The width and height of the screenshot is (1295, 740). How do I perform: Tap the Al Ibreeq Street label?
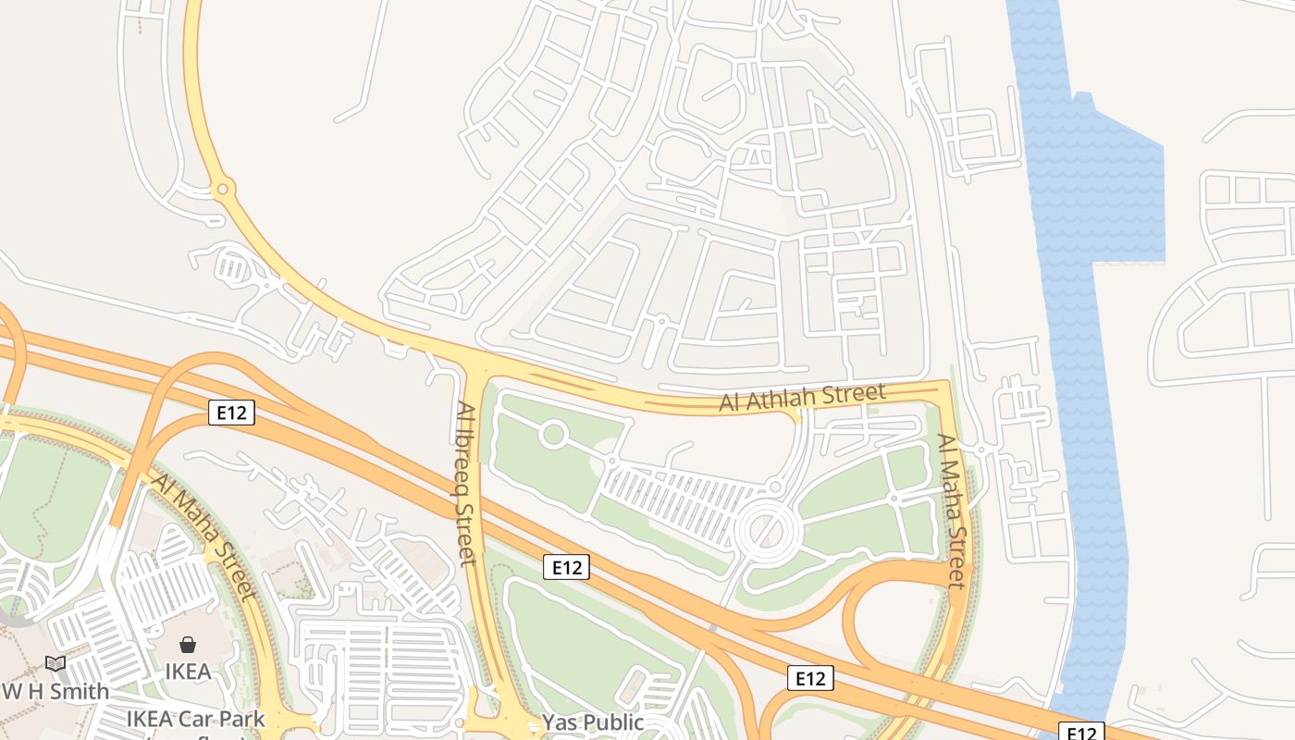467,483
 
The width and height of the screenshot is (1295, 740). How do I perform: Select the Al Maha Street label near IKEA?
203,536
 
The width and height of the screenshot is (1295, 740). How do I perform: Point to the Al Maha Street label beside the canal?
952,511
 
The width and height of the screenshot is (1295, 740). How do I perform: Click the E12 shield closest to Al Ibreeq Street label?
566,567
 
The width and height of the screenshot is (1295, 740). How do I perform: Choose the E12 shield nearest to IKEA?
231,413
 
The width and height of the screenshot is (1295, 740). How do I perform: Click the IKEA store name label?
188,672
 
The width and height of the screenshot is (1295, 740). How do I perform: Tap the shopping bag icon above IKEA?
188,645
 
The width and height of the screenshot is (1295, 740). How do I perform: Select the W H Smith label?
55,691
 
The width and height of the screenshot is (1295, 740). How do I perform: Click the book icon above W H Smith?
55,663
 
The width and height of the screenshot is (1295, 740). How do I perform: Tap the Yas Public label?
592,722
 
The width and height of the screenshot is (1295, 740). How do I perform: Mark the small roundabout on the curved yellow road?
222,190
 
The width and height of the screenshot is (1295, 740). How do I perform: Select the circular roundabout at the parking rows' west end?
553,435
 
